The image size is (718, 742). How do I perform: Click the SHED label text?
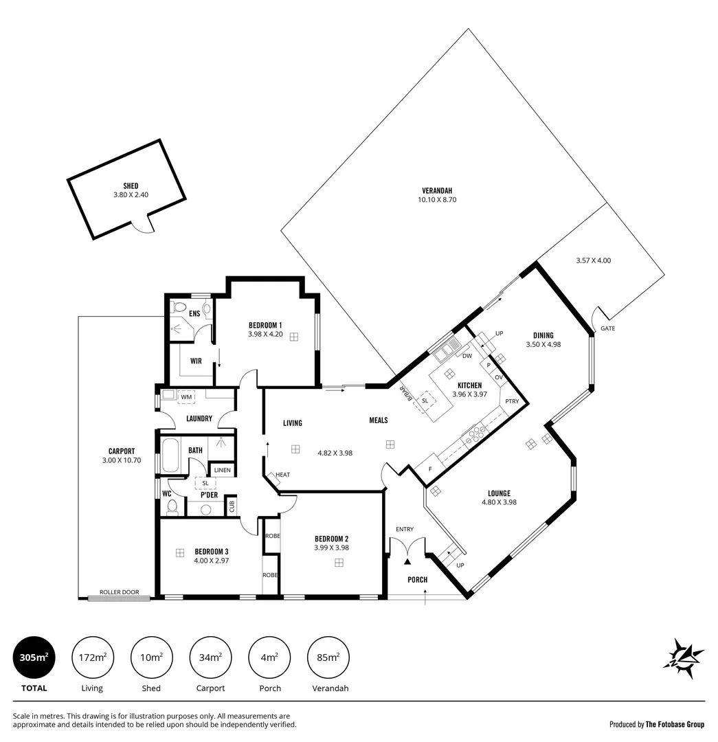(x=131, y=185)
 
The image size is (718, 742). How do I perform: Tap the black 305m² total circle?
(x=34, y=657)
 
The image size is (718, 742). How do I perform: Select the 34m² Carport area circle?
(x=210, y=657)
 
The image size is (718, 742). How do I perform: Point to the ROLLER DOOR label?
(x=119, y=592)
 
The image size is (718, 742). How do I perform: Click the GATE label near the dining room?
(x=608, y=328)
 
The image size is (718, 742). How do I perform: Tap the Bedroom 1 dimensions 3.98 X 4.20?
(x=265, y=335)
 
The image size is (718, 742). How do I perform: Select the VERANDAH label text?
(x=437, y=190)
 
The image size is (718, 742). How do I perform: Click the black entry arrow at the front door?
(x=407, y=562)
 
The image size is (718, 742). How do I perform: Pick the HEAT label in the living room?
(x=283, y=475)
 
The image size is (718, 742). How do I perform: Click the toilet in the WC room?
(x=172, y=507)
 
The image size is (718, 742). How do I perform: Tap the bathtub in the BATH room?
(x=170, y=456)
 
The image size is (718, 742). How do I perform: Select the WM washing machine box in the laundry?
(x=186, y=397)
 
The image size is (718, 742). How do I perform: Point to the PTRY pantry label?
(x=511, y=401)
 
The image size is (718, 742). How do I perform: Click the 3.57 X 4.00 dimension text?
(x=593, y=260)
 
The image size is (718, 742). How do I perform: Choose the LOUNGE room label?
(x=499, y=493)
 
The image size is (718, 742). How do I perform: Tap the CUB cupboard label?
(x=231, y=505)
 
